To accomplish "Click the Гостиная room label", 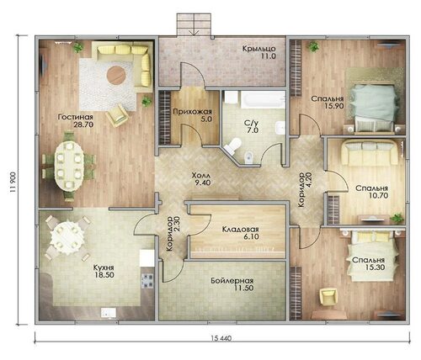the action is pyautogui.click(x=75, y=117).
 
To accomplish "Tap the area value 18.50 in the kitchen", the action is pyautogui.click(x=104, y=275).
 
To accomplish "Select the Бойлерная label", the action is pyautogui.click(x=232, y=281).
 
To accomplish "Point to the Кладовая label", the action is pyautogui.click(x=241, y=230).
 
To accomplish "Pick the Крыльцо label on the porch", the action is pyautogui.click(x=259, y=49).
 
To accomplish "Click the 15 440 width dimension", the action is pyautogui.click(x=221, y=338).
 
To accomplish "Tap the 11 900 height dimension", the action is pyautogui.click(x=13, y=182).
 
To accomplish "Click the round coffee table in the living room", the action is pyautogui.click(x=116, y=75).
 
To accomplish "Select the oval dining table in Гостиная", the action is pyautogui.click(x=69, y=166).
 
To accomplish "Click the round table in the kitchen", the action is pyautogui.click(x=67, y=238).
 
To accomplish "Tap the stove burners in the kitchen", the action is pyautogui.click(x=147, y=281).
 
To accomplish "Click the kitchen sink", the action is pyautogui.click(x=109, y=313).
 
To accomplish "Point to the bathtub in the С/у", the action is pyautogui.click(x=263, y=99).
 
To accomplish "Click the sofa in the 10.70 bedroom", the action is pyautogui.click(x=370, y=152).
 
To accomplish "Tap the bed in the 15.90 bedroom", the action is pyautogui.click(x=374, y=108).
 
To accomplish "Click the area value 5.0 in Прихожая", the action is pyautogui.click(x=206, y=119).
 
